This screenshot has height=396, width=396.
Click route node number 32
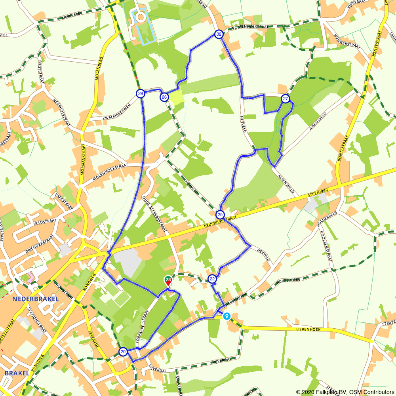(219, 34)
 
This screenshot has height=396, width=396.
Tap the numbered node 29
(140, 93)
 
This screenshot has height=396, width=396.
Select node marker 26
(164, 97)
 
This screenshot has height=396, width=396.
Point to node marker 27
(286, 99)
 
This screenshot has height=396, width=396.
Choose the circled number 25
(220, 215)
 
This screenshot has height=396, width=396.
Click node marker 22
(212, 279)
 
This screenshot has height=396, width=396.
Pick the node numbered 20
(123, 352)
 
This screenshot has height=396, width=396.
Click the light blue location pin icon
(227, 316)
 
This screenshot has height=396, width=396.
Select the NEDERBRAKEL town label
(35, 299)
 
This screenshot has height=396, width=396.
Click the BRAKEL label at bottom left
(17, 373)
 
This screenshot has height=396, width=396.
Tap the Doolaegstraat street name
(326, 246)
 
